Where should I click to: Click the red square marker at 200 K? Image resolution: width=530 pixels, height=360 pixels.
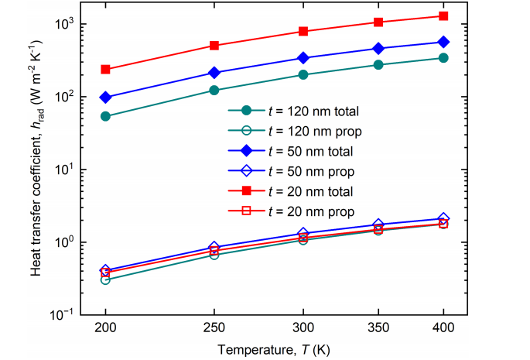tap(105, 70)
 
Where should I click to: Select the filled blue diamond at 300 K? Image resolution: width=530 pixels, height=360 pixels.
tap(303, 58)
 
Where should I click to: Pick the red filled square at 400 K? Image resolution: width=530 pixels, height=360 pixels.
tap(444, 16)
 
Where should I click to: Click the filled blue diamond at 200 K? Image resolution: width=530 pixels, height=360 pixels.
tap(105, 98)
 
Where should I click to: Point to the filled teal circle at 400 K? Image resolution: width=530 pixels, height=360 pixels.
tap(444, 58)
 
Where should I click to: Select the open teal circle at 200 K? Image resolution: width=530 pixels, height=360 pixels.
tap(105, 279)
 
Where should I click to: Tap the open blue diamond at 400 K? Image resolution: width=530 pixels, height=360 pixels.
tap(444, 219)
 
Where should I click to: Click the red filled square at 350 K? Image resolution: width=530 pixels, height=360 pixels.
tap(378, 22)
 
